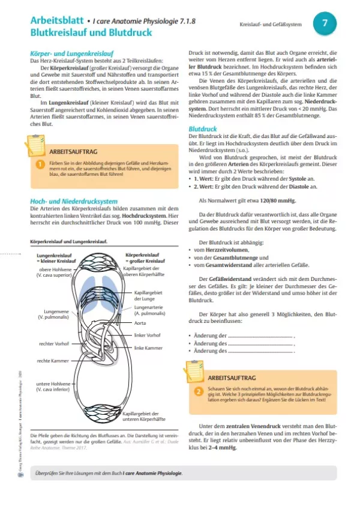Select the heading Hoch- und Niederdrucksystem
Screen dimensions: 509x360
(x=74, y=201)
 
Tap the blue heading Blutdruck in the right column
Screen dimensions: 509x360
(x=202, y=129)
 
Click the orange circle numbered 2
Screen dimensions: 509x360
(x=198, y=391)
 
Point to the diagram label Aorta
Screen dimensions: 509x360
(x=142, y=322)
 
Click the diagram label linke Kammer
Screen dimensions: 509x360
(x=148, y=348)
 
